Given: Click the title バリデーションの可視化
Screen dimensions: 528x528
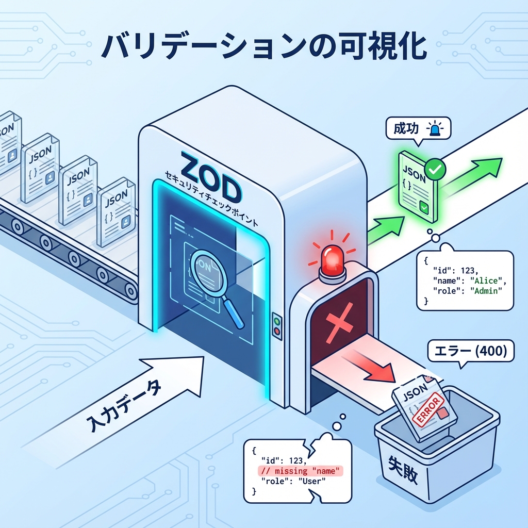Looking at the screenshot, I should click(x=264, y=47).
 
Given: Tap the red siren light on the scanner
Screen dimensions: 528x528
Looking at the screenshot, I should click(x=333, y=258).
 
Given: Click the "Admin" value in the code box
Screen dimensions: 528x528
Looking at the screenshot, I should click(x=484, y=292).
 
